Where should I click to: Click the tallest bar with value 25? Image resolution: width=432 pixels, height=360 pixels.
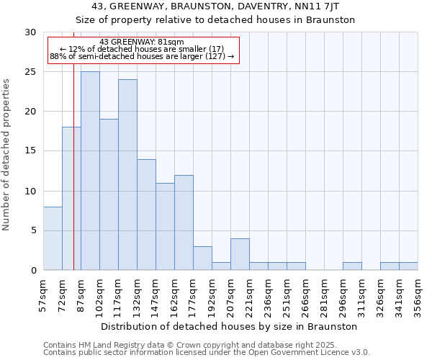(x=90, y=171)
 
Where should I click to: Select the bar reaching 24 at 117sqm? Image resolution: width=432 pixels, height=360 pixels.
(x=127, y=174)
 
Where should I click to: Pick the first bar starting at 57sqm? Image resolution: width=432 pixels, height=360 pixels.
(x=53, y=238)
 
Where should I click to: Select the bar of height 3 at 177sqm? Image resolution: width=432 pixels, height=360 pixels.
(x=202, y=258)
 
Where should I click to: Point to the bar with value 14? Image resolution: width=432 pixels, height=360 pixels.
(x=146, y=215)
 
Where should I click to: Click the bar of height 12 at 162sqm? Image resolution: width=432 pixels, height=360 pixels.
(x=184, y=222)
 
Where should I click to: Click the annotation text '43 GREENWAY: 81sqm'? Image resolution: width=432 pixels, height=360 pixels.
(x=142, y=42)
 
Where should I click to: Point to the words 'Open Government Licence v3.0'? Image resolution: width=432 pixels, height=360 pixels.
(x=305, y=353)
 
